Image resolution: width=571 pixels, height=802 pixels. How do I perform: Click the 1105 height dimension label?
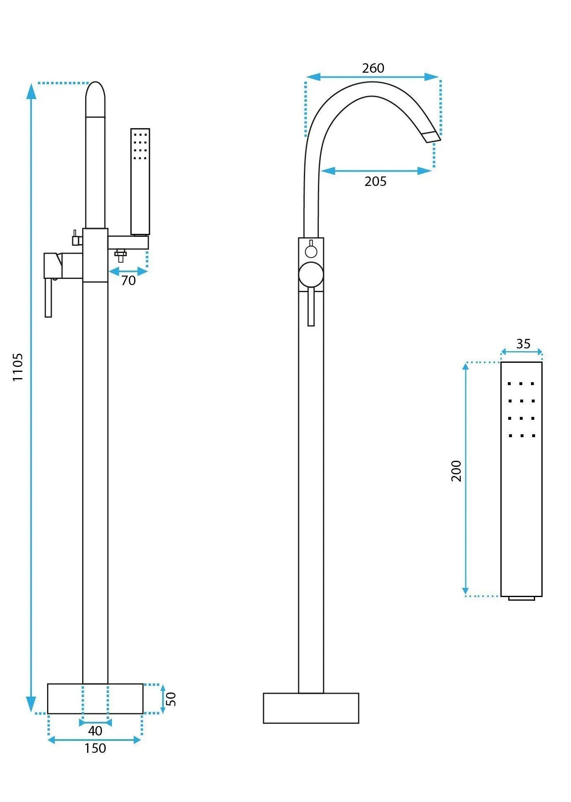point(17,367)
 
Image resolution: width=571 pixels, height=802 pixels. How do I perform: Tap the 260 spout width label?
point(373,68)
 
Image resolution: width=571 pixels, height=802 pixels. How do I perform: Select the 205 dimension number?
point(375,181)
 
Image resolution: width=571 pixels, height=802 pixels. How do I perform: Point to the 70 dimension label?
point(128,281)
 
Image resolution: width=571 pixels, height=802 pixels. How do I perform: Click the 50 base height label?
point(171,699)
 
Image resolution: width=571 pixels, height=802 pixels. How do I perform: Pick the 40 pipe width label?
point(95,731)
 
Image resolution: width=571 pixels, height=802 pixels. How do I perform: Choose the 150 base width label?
point(95,748)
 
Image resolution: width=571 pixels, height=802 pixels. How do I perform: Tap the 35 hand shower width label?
point(523,344)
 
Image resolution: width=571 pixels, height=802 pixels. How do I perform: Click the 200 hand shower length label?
point(456,471)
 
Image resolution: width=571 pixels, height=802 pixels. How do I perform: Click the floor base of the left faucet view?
point(95,698)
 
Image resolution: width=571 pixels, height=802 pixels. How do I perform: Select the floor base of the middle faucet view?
point(311,708)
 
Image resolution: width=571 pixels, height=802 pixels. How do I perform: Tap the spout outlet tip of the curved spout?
point(432,137)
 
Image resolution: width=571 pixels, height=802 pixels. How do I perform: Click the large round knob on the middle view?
point(311,274)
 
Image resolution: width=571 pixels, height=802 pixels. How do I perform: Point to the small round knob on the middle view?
point(311,251)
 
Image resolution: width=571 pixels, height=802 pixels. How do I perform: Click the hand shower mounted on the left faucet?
point(140,182)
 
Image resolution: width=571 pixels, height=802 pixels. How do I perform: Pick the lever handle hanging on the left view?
point(48,297)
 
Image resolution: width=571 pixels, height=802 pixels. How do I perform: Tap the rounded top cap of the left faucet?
point(95,99)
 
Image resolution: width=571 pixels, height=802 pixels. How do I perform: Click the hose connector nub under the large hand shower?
point(521,598)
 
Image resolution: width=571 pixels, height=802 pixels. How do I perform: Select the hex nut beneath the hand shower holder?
point(121,254)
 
